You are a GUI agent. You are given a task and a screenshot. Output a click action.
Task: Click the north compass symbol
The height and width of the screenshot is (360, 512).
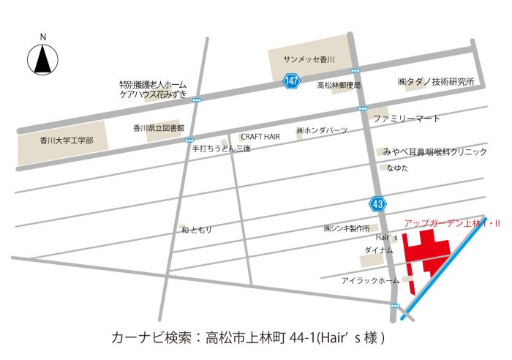pyautogui.click(x=43, y=59)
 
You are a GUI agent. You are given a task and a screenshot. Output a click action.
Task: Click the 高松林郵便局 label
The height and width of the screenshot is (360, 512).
pyautogui.click(x=339, y=86)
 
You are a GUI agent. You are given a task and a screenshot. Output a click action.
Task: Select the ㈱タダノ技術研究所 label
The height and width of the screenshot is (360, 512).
pyautogui.click(x=436, y=81)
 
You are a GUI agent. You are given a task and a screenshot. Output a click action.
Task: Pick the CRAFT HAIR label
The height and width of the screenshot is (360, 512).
pyautogui.click(x=261, y=136)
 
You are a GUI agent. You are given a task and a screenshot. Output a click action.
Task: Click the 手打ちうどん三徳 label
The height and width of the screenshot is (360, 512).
pyautogui.click(x=221, y=148)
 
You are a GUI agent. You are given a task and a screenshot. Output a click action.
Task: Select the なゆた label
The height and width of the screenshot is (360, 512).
pyautogui.click(x=398, y=168)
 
